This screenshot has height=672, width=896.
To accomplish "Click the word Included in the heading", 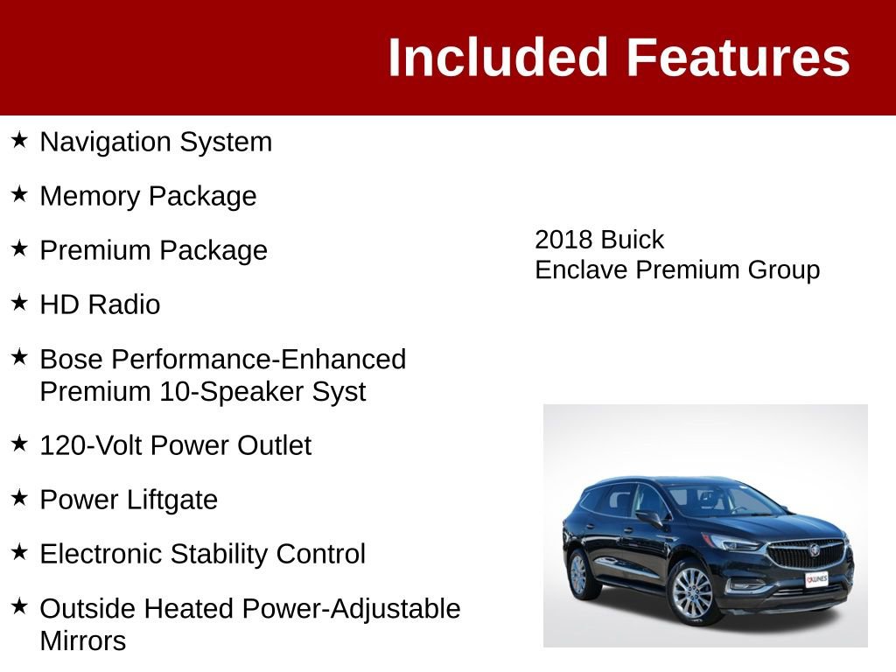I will click(x=497, y=58).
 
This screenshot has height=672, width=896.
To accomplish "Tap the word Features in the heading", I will click(x=738, y=58).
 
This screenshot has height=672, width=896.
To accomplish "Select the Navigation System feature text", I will click(x=156, y=142).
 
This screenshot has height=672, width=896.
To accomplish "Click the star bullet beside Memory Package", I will click(x=19, y=194).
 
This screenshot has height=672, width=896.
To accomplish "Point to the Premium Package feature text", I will click(x=153, y=250).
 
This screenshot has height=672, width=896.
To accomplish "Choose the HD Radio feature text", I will click(x=100, y=304).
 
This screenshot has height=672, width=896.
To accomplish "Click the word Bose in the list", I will click(x=72, y=359).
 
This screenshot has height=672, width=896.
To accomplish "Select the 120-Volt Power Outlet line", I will click(x=175, y=445).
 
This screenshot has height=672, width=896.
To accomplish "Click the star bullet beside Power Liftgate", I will click(x=19, y=498).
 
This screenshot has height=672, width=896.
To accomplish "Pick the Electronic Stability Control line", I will click(x=202, y=554).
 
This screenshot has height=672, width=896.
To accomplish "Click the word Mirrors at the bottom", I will click(x=83, y=640).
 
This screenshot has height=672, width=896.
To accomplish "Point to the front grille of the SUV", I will click(x=806, y=554).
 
